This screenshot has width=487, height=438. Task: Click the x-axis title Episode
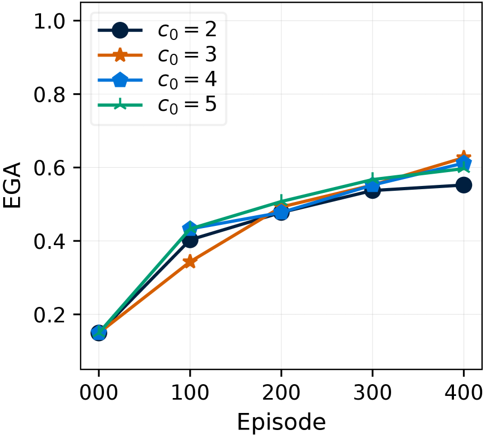coord(281,422)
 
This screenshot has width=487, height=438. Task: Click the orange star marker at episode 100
coord(190,262)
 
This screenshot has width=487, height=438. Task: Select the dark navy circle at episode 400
coord(463,185)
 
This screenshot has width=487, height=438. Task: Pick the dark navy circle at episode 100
coord(190,240)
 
